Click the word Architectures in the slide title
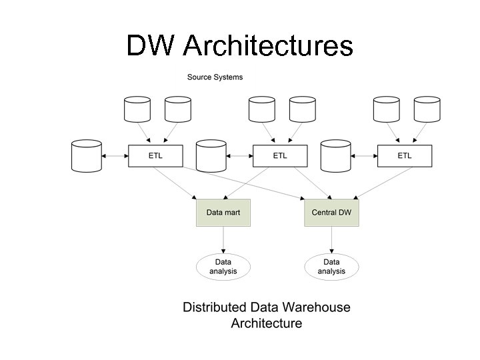(267, 46)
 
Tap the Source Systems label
(215, 77)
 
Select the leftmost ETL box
(155, 156)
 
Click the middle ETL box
(280, 156)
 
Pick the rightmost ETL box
(405, 156)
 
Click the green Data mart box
(223, 213)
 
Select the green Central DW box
(331, 213)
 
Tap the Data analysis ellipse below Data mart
(223, 267)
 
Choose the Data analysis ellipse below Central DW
(331, 267)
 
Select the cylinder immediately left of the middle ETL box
(211, 155)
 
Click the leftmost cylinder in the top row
(138, 110)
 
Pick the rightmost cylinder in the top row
(427, 110)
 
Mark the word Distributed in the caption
(215, 307)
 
